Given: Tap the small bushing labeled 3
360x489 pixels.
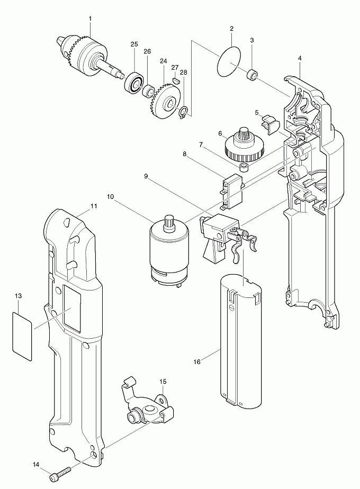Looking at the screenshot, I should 254,76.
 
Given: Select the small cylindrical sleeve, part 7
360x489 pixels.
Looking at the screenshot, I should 244,169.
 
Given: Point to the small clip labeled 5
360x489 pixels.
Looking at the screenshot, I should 271,125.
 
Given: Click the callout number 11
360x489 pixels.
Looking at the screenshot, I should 94,205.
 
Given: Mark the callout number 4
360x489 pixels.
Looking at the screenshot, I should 300,57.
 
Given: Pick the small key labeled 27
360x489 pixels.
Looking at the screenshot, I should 175,81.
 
